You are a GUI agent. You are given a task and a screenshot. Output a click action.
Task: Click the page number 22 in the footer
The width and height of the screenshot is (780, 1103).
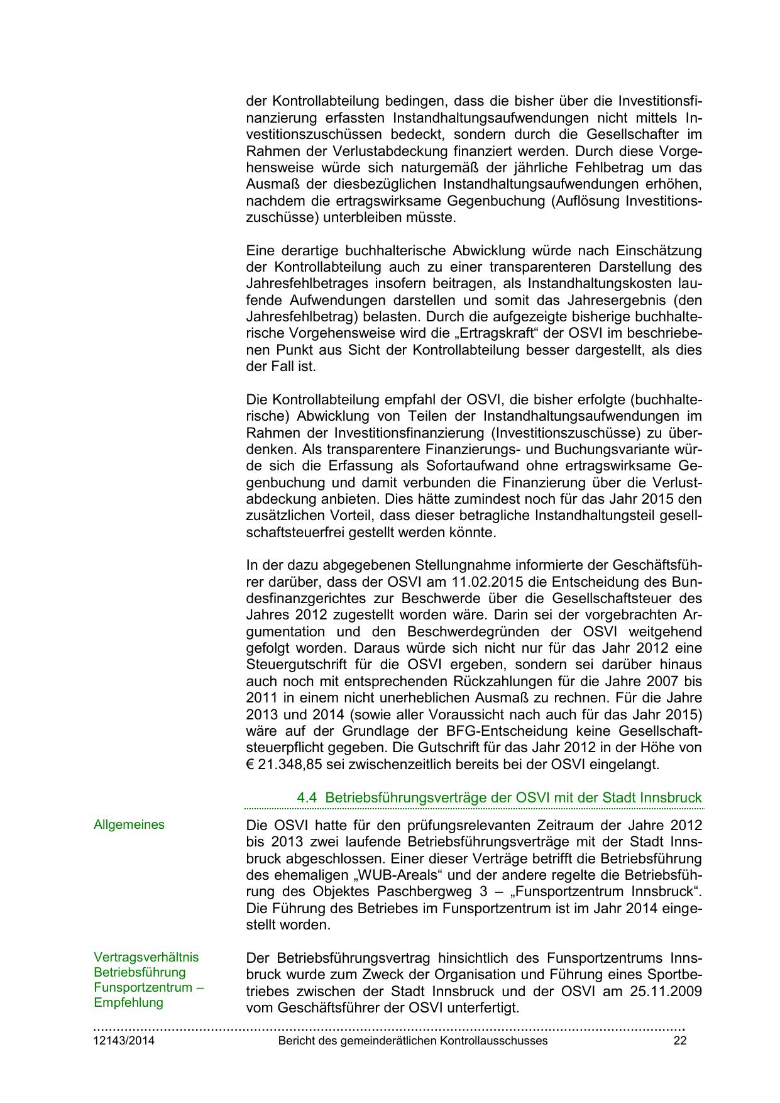pyautogui.click(x=679, y=1041)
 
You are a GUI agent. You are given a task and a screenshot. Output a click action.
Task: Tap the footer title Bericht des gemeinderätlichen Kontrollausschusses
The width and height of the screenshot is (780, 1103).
pyautogui.click(x=412, y=1041)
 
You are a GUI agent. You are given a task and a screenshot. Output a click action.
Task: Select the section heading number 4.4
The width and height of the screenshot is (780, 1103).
pyautogui.click(x=306, y=798)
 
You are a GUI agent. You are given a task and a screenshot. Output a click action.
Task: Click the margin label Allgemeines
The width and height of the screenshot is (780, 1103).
pyautogui.click(x=129, y=824)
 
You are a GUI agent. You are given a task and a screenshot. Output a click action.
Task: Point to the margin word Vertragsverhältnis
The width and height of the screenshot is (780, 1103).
pyautogui.click(x=146, y=957)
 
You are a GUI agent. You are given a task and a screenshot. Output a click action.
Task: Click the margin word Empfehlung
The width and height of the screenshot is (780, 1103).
pyautogui.click(x=128, y=1002)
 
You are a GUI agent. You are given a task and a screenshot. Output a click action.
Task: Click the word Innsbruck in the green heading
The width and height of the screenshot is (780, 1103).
pyautogui.click(x=671, y=798)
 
